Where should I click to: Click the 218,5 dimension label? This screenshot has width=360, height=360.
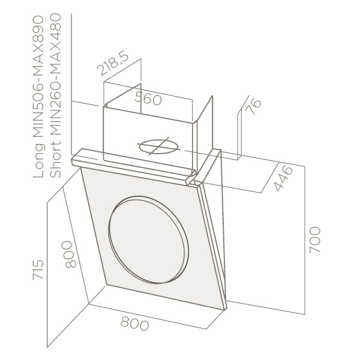(113, 62)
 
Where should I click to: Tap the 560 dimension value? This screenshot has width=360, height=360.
(148, 98)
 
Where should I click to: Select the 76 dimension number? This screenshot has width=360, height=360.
(253, 107)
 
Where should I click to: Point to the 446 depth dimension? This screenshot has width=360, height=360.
(284, 179)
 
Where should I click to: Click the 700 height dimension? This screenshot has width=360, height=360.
(314, 240)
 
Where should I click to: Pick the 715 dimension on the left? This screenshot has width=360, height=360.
(38, 270)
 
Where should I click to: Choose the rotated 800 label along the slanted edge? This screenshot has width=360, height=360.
(69, 254)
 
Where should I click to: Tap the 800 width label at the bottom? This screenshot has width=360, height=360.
(134, 323)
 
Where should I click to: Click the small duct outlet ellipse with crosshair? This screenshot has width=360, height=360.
(158, 146)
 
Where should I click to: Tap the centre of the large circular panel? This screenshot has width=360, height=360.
(149, 239)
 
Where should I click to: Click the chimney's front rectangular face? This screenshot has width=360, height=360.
(149, 137)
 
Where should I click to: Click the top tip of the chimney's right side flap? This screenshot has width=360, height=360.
(212, 96)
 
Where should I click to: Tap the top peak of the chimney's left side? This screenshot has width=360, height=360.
(140, 83)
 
